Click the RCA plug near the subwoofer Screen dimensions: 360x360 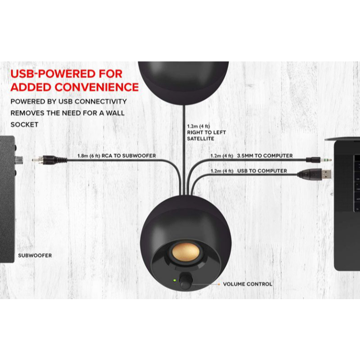pos(49,159)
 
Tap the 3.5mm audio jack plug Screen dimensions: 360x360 pos(319,159)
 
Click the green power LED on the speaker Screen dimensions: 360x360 pos(175,280)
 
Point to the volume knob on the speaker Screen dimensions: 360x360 pos(186,280)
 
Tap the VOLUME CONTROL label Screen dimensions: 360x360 pos(247,284)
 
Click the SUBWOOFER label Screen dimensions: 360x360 pos(35,255)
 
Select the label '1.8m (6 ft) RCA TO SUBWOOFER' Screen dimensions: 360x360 pos(117,156)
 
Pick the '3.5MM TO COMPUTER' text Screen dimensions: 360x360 pos(265,156)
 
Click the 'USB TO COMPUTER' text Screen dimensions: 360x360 pos(262,171)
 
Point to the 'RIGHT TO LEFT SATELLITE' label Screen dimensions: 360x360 pos(206,136)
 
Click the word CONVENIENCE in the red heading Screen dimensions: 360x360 pos(97,87)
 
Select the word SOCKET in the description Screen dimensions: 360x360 pos(24,125)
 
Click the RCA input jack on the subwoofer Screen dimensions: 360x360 pos(19,160)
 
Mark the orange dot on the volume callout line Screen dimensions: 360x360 pos(219,284)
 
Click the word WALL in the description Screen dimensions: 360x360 pos(115,113)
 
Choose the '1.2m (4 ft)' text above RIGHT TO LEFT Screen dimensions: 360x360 pos(198,126)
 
